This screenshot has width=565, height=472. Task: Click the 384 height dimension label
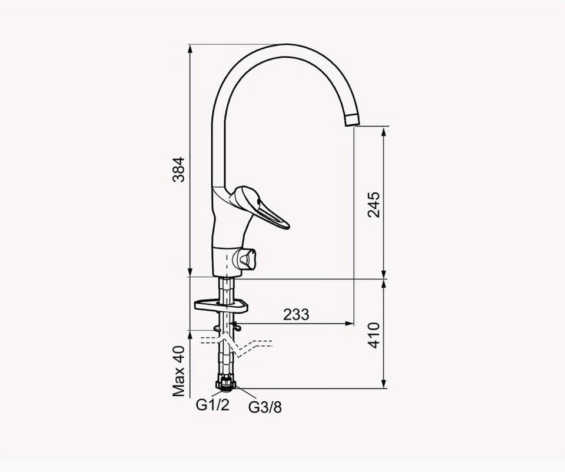click(x=178, y=169)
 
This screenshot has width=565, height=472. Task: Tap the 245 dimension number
click(x=374, y=205)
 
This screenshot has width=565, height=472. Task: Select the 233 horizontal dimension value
click(x=296, y=314)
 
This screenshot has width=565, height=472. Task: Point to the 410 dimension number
click(x=374, y=335)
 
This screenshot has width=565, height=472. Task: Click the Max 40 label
click(x=178, y=371)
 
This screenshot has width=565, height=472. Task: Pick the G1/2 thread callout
click(x=212, y=405)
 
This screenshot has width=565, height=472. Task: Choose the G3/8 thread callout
click(x=265, y=407)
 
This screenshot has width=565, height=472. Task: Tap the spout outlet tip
click(x=352, y=120)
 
